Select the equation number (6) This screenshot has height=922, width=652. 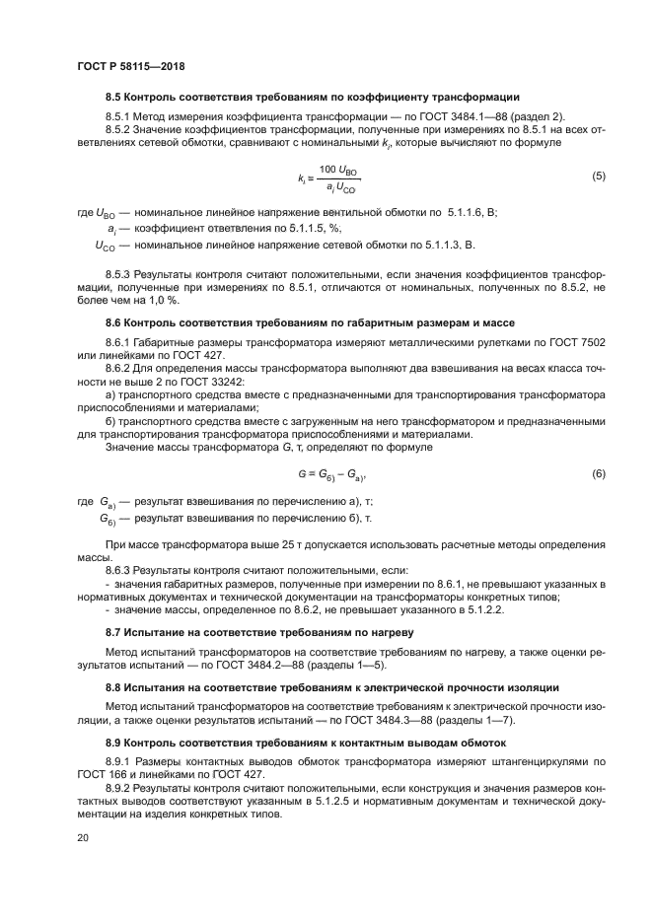point(598,474)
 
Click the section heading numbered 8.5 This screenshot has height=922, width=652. point(313,97)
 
